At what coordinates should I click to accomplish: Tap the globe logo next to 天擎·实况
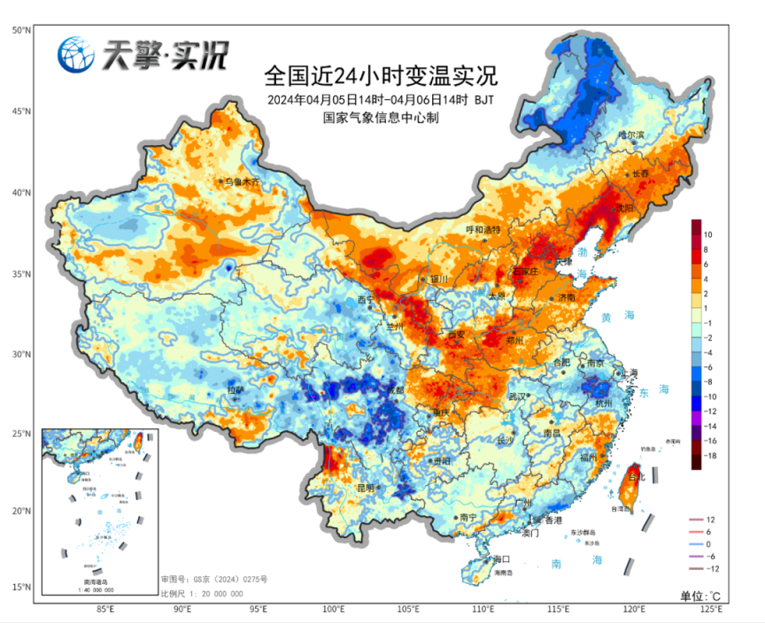[x=76, y=56]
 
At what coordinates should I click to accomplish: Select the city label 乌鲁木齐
[x=243, y=181]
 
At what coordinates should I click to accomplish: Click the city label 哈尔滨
[x=631, y=135]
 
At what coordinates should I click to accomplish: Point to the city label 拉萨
[x=235, y=389]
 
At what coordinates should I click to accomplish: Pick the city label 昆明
[x=366, y=488]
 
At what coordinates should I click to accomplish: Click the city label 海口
[x=502, y=559]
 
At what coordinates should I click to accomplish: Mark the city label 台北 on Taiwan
[x=636, y=478]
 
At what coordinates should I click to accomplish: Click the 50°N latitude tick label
[x=22, y=30]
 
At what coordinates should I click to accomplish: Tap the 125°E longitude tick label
[x=711, y=610]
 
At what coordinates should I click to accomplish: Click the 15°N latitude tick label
[x=22, y=587]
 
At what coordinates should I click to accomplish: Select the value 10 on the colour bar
[x=707, y=235]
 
